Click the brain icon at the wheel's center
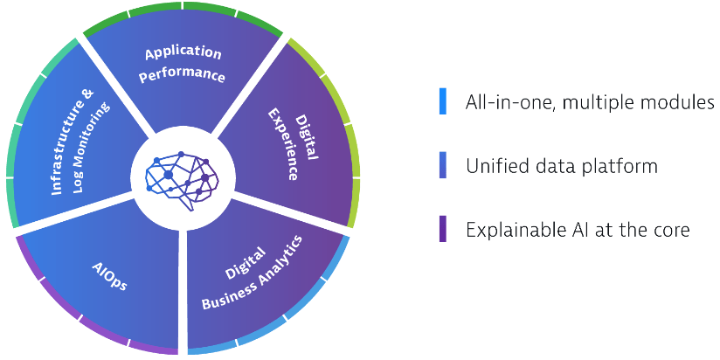point(183,181)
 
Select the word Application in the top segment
point(183,53)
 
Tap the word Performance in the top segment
point(183,75)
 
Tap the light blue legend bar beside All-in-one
point(443,101)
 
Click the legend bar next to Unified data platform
point(443,165)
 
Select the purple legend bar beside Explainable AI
point(443,229)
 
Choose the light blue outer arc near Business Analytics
point(294,312)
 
